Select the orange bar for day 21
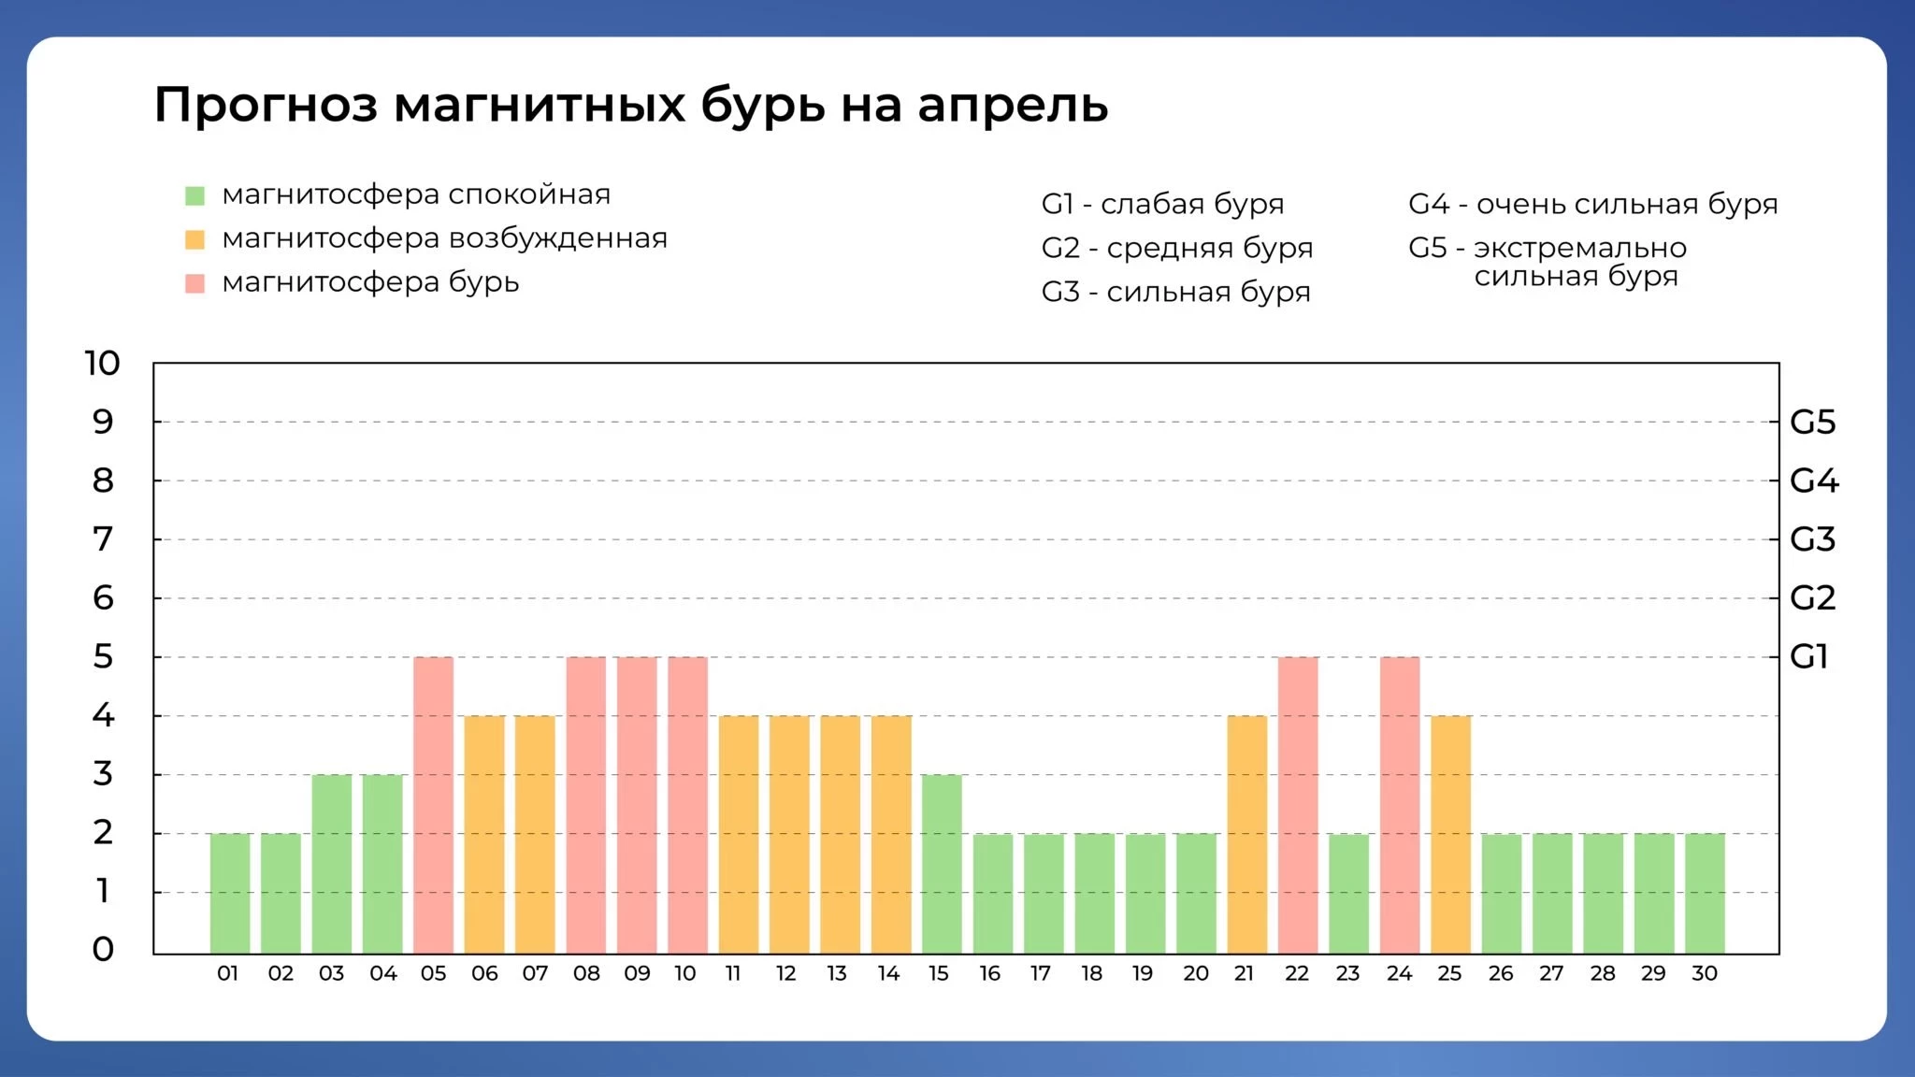[x=1246, y=834]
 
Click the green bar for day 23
[x=1348, y=893]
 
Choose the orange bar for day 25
[x=1450, y=834]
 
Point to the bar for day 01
[x=230, y=893]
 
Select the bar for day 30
[x=1705, y=893]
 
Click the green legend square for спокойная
[x=194, y=195]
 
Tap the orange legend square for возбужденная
[x=194, y=239]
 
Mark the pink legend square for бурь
[x=194, y=283]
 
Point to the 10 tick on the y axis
[x=102, y=363]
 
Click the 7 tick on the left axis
[x=102, y=539]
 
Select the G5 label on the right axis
[x=1812, y=423]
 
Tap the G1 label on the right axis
[x=1808, y=657]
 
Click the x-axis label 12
[x=785, y=973]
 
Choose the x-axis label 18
[x=1091, y=973]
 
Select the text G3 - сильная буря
[x=1175, y=292]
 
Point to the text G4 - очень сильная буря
[x=1592, y=204]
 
